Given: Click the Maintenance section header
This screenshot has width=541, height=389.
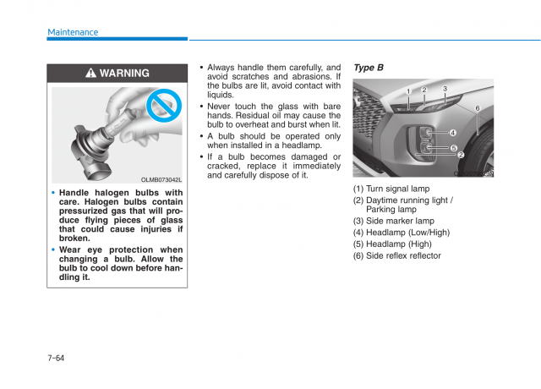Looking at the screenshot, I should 73,32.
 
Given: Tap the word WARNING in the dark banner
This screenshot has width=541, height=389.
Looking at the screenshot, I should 124,74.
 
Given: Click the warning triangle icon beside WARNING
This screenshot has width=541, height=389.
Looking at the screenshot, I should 90,74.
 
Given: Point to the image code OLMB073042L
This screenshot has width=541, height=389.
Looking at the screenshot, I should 161,179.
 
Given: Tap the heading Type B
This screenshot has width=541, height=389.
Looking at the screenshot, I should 368,68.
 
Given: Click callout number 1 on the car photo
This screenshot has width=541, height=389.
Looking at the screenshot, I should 407,91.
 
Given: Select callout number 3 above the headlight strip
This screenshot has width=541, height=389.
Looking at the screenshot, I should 445,89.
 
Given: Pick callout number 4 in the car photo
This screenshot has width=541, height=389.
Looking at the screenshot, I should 452,133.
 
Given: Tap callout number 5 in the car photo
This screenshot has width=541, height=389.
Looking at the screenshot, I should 453,148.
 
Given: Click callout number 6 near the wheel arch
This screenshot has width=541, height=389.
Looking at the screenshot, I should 477,108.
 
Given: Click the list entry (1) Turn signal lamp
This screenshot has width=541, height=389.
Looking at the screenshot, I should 391,189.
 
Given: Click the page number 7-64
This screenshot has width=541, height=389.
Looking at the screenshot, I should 56,358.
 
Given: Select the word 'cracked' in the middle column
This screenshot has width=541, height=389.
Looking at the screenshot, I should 224,166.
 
